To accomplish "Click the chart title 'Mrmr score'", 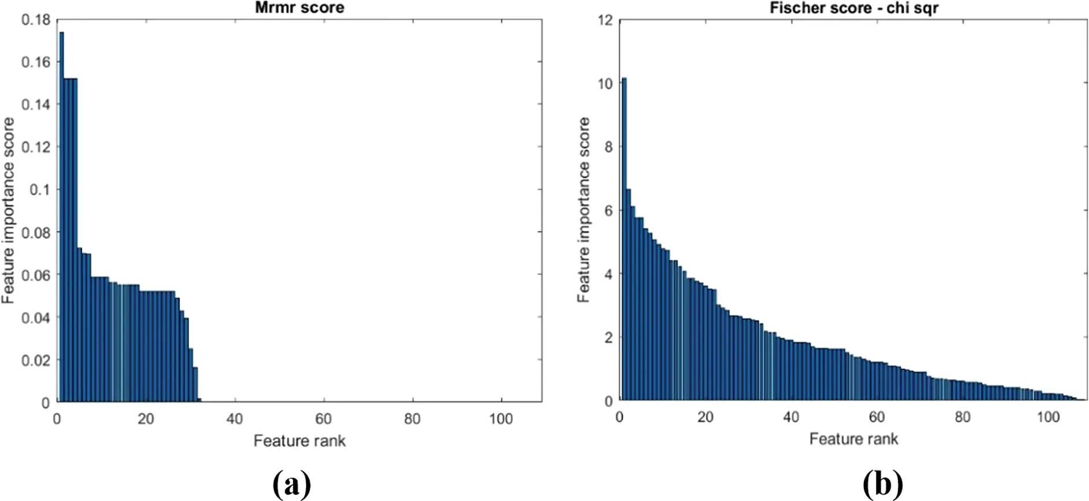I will pyautogui.click(x=299, y=8).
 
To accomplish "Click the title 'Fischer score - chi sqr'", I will pyautogui.click(x=853, y=8).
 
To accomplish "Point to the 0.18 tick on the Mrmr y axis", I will pyautogui.click(x=36, y=20).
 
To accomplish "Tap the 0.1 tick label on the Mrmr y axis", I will pyautogui.click(x=40, y=190).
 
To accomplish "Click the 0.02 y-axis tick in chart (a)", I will pyautogui.click(x=36, y=360).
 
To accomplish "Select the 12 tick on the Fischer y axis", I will pyautogui.click(x=605, y=20).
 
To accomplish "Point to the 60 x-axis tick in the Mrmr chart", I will pyautogui.click(x=324, y=419).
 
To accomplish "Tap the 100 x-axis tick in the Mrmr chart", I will pyautogui.click(x=500, y=419).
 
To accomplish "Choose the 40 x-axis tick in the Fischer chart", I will pyautogui.click(x=791, y=417).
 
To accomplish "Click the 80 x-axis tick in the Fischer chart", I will pyautogui.click(x=962, y=417).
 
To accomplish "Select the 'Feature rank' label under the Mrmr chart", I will pyautogui.click(x=299, y=441).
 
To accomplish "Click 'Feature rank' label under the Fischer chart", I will pyautogui.click(x=853, y=439).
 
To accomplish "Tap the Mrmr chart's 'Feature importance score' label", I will pyautogui.click(x=8, y=210).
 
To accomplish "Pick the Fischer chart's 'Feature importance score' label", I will pyautogui.click(x=584, y=210).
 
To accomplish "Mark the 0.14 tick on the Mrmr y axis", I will pyautogui.click(x=36, y=105).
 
